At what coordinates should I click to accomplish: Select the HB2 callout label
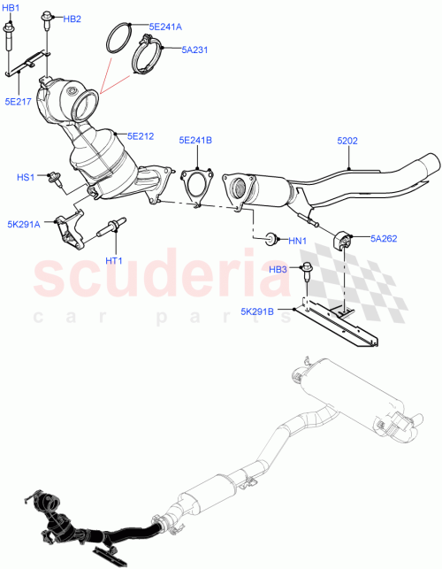(72, 19)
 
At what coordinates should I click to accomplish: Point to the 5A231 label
(194, 50)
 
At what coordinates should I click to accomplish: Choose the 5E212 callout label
(140, 136)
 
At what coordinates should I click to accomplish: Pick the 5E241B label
(196, 139)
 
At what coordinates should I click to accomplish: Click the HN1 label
(297, 241)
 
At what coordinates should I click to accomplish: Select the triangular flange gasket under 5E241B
(195, 188)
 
